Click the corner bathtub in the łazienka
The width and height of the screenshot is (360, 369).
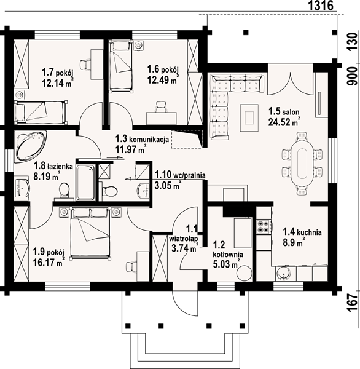pyautogui.click(x=30, y=146)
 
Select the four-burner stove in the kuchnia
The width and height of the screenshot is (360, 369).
pyautogui.click(x=263, y=226)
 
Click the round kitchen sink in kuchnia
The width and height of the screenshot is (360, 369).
pyautogui.click(x=284, y=274)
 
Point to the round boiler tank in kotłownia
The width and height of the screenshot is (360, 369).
pyautogui.click(x=245, y=273)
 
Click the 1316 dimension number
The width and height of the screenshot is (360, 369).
pyautogui.click(x=321, y=6)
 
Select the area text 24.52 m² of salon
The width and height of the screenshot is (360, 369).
pyautogui.click(x=284, y=122)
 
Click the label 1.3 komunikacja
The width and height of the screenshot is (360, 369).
pyautogui.click(x=142, y=139)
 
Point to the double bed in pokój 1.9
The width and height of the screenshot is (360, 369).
pyautogui.click(x=90, y=233)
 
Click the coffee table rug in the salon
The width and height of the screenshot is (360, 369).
pyautogui.click(x=249, y=117)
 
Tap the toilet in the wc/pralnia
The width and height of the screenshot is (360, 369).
pyautogui.click(x=109, y=191)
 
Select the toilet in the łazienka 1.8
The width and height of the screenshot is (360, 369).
pyautogui.click(x=64, y=191)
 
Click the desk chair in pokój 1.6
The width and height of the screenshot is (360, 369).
pyautogui.click(x=161, y=106)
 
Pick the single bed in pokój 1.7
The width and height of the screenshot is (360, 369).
pyautogui.click(x=41, y=112)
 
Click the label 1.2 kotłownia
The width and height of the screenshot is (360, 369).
pyautogui.click(x=228, y=249)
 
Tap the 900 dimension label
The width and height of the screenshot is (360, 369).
pyautogui.click(x=353, y=76)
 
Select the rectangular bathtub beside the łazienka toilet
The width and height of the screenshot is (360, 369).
pyautogui.click(x=86, y=183)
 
